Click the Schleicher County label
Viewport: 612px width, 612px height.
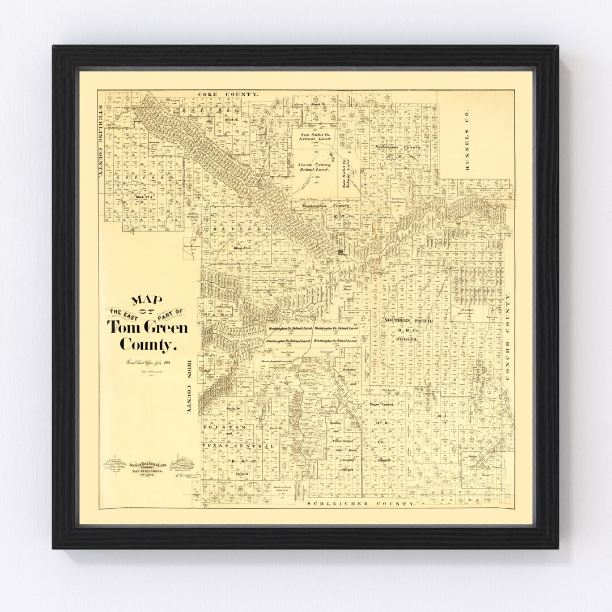359,503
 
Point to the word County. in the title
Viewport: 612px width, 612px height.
148,344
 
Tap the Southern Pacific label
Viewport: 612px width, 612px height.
409,321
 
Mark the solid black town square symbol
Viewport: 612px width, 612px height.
341,252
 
